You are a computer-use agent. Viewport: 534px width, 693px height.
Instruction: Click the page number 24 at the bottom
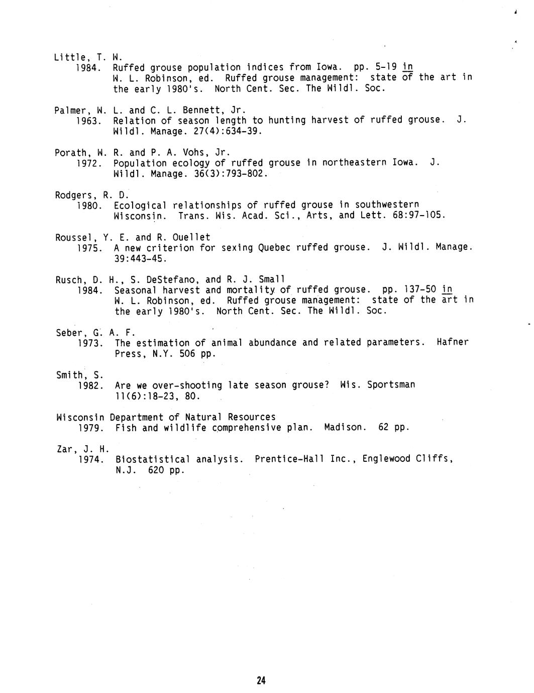(261, 680)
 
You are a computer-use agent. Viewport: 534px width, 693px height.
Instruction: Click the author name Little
(68, 57)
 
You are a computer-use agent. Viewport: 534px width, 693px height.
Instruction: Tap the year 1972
(90, 163)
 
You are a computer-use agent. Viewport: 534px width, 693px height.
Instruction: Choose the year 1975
(91, 248)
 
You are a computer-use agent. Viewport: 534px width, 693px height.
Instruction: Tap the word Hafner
(453, 342)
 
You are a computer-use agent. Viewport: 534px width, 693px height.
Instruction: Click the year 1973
(91, 343)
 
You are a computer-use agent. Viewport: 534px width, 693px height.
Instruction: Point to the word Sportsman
(391, 385)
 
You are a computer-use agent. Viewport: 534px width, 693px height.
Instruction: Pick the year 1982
(91, 386)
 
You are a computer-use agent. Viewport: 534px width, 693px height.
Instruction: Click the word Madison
(345, 428)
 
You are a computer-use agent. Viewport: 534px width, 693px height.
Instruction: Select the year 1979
(91, 428)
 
